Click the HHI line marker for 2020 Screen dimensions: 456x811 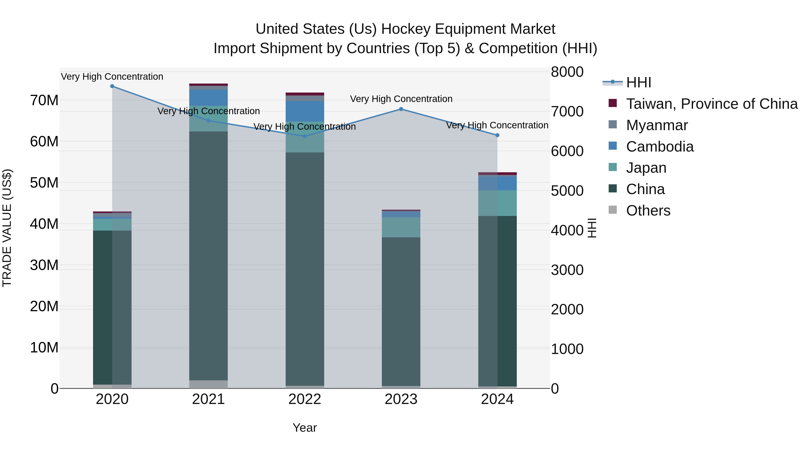pos(112,86)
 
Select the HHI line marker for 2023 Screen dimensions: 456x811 pos(401,109)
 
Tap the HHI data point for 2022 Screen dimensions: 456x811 pos(304,136)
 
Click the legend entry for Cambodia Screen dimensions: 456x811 pos(660,147)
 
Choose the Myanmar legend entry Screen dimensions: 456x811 pos(657,125)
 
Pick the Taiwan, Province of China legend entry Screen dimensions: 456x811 pos(711,104)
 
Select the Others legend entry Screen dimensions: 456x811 pos(648,211)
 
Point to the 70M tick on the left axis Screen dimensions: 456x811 pos(44,100)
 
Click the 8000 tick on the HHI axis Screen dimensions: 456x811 pos(567,72)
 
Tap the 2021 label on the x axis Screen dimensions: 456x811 pos(208,399)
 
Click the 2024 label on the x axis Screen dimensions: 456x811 pos(497,399)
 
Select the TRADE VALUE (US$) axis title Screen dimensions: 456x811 pos(7,228)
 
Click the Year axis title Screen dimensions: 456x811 pos(304,428)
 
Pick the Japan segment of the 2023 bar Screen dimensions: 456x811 pos(401,227)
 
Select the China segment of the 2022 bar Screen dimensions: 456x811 pos(304,269)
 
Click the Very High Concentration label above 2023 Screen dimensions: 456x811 pos(401,99)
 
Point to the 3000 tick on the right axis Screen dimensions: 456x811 pos(567,270)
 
